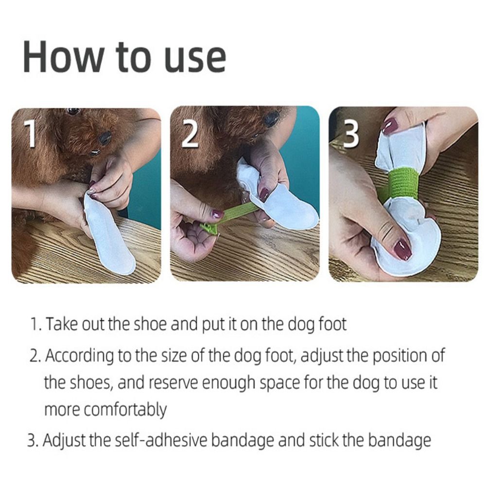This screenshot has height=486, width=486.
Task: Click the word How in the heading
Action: pos(63,57)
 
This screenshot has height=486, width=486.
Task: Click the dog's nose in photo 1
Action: pos(104,139)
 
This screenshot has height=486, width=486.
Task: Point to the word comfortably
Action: pos(125,410)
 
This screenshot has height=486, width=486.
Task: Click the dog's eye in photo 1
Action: pos(73,111)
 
